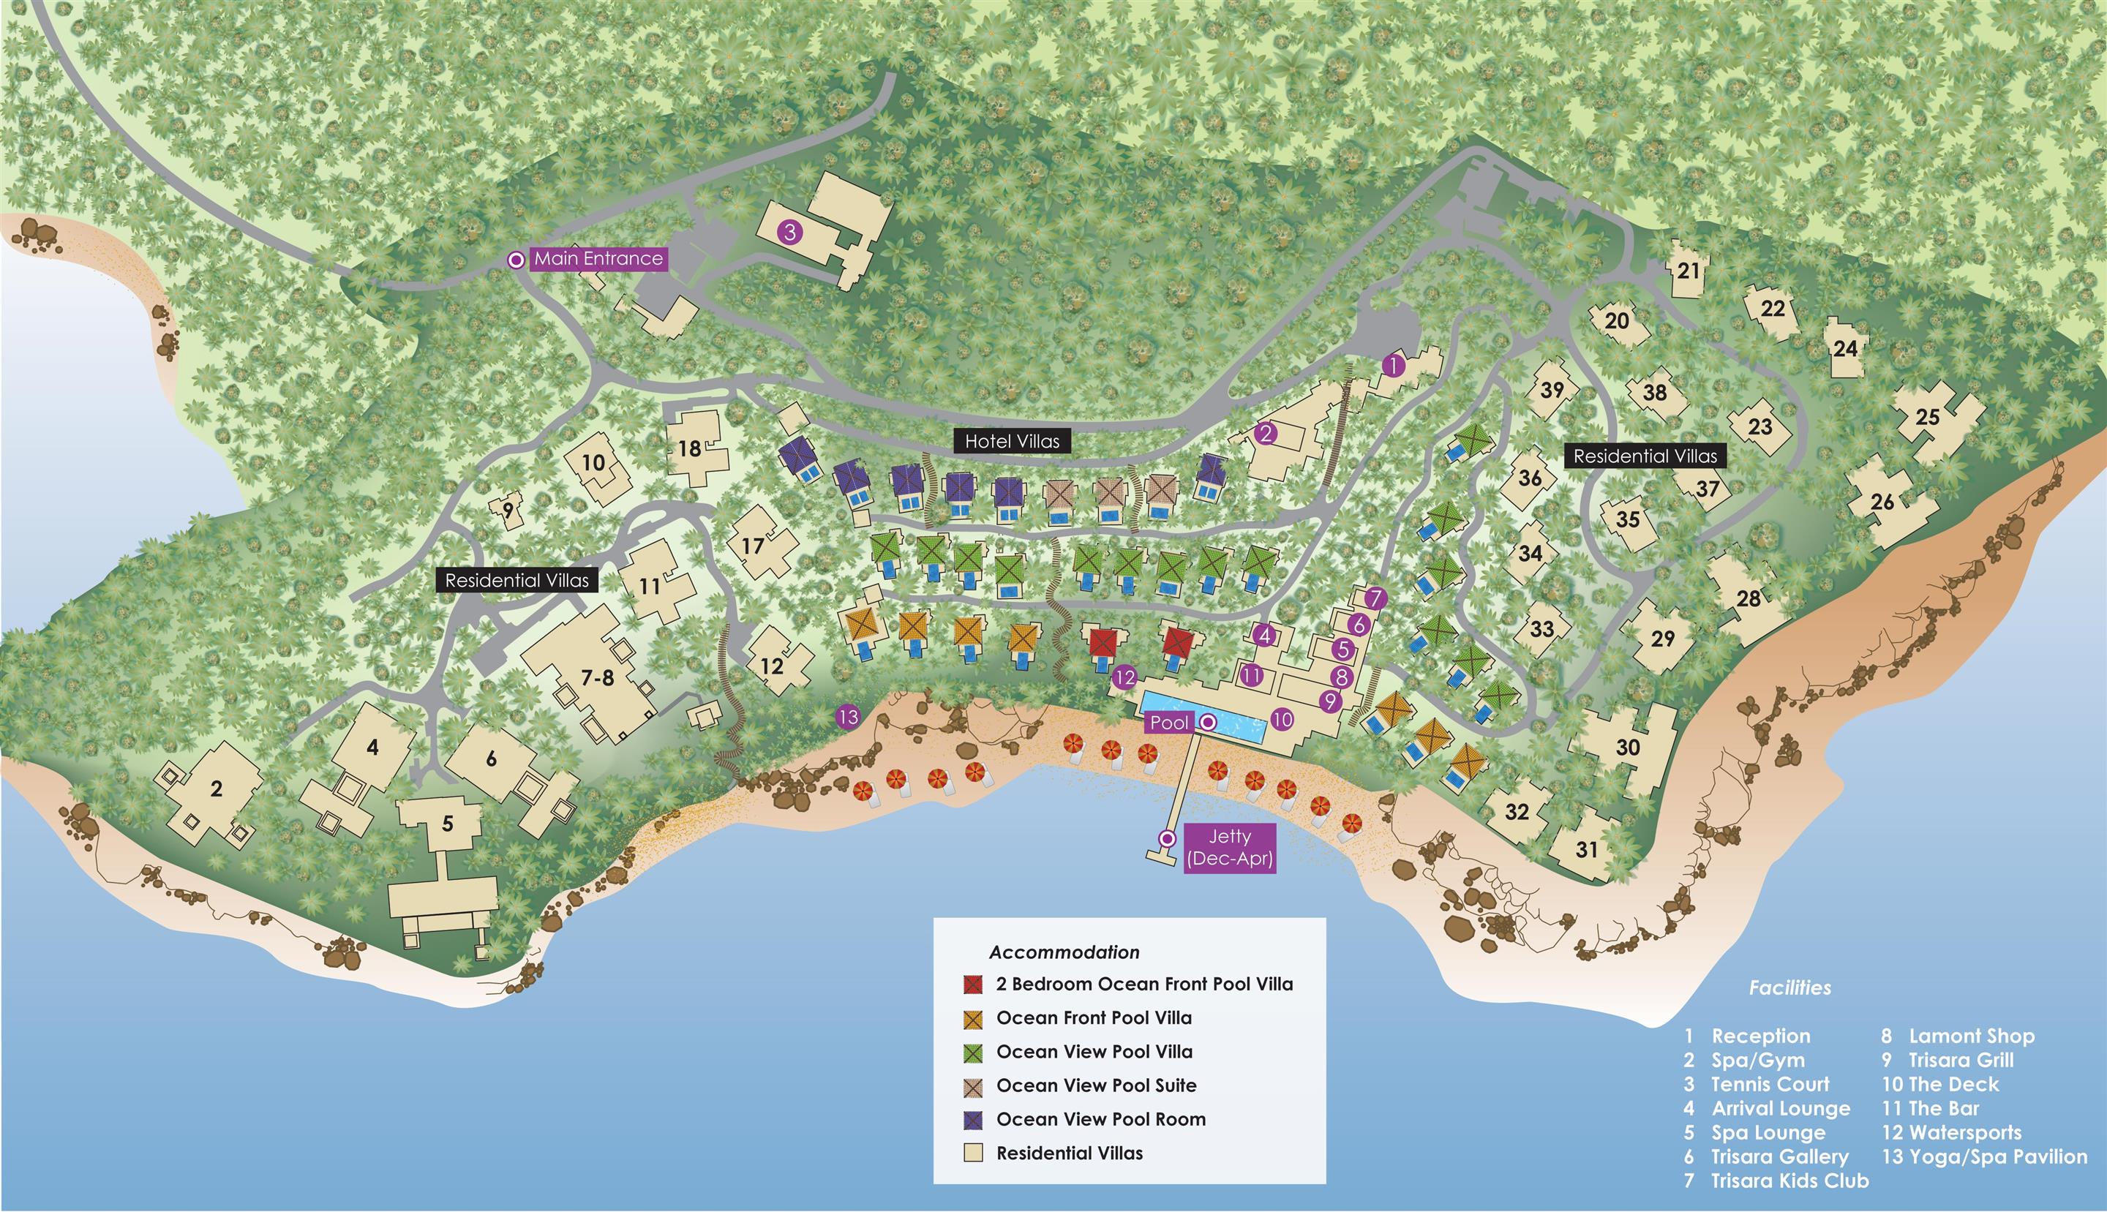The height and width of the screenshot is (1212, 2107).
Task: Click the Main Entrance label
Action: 598,259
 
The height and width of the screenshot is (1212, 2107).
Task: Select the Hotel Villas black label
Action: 1012,441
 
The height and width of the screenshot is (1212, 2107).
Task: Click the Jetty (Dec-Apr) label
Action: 1230,848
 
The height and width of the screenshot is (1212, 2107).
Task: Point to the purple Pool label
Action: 1169,723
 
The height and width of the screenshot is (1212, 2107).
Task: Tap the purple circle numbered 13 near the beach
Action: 849,717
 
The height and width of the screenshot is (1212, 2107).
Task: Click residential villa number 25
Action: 1927,417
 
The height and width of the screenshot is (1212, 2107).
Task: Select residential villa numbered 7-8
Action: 597,677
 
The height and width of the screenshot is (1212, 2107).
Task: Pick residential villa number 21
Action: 1689,271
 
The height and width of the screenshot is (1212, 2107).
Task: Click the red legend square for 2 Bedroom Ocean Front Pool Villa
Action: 973,984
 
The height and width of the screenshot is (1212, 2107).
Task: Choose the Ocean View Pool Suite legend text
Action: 1097,1085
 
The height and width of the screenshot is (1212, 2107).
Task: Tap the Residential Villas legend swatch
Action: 973,1153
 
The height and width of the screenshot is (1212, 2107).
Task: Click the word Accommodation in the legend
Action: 1064,952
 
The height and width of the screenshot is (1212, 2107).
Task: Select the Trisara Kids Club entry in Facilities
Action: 1789,1181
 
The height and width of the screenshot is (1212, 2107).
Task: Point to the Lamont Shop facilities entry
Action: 1970,1036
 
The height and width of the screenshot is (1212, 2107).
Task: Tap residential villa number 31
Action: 1587,849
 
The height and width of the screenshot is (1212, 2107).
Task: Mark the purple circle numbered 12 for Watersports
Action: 1124,677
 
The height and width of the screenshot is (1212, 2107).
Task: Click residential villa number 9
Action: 508,511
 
